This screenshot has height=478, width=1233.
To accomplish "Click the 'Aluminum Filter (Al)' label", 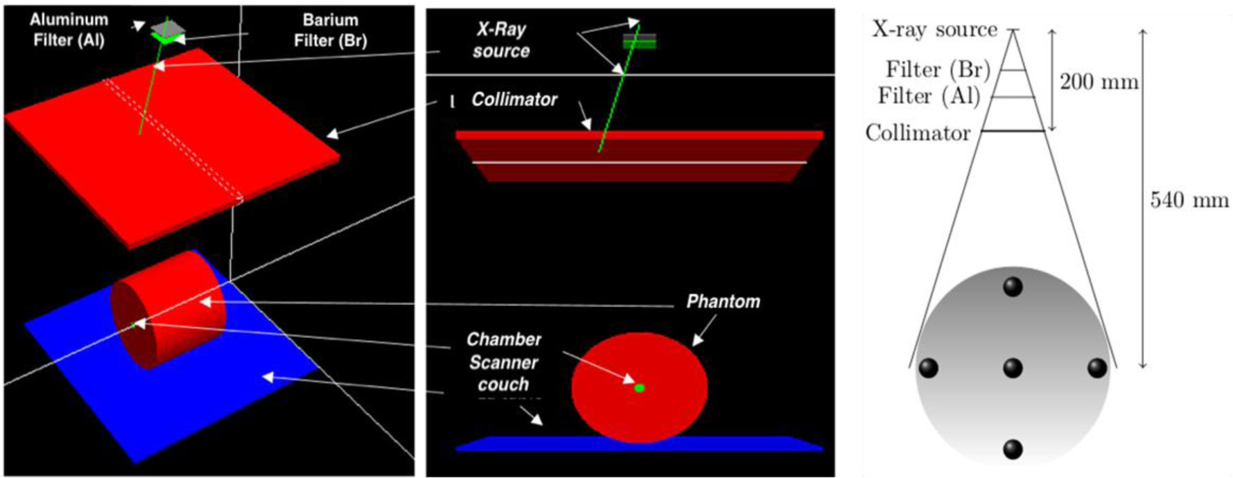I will (x=69, y=30).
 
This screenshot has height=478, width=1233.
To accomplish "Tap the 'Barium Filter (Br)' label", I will (x=330, y=30).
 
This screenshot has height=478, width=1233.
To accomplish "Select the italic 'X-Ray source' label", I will (x=501, y=39).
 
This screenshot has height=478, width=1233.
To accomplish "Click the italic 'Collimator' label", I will (x=514, y=100).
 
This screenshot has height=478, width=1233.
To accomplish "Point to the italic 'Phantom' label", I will (x=723, y=301).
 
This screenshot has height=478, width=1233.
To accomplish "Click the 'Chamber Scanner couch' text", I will (x=503, y=362).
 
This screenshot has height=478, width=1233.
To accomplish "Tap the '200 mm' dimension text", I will (x=1099, y=82).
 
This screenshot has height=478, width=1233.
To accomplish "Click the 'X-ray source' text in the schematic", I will (x=934, y=30).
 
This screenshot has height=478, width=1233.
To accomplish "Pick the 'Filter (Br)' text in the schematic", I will (x=938, y=70).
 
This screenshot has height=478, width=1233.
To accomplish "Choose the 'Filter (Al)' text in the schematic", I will (x=929, y=96).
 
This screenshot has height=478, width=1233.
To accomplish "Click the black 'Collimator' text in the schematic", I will (x=918, y=132).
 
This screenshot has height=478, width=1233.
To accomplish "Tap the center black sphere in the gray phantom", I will (x=1013, y=367).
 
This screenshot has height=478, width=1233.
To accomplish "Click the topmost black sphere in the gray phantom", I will (x=1013, y=286).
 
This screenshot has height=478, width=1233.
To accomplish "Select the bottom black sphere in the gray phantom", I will (x=1013, y=449).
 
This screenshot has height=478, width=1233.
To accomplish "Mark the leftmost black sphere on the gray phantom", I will (x=928, y=367).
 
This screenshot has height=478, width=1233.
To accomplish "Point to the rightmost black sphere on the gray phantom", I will (x=1096, y=367).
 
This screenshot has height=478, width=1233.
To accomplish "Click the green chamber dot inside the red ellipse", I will (x=640, y=388).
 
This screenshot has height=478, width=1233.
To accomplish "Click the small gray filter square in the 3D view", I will (x=168, y=26).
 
